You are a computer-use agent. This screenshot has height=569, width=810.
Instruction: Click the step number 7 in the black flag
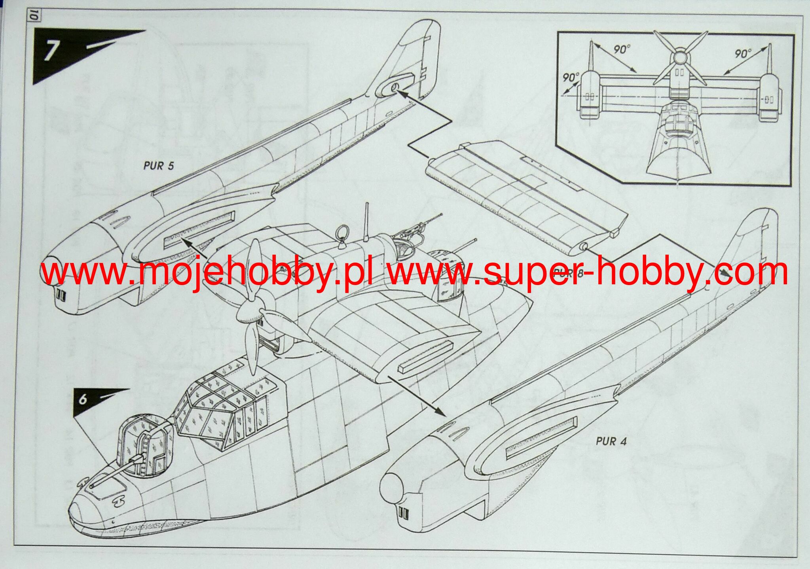click(50, 51)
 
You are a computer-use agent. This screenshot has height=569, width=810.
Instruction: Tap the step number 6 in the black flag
click(82, 399)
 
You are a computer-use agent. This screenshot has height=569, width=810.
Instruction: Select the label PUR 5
click(158, 165)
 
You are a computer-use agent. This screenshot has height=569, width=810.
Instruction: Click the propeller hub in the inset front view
click(679, 58)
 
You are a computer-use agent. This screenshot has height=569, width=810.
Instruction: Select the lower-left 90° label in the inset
click(571, 77)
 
